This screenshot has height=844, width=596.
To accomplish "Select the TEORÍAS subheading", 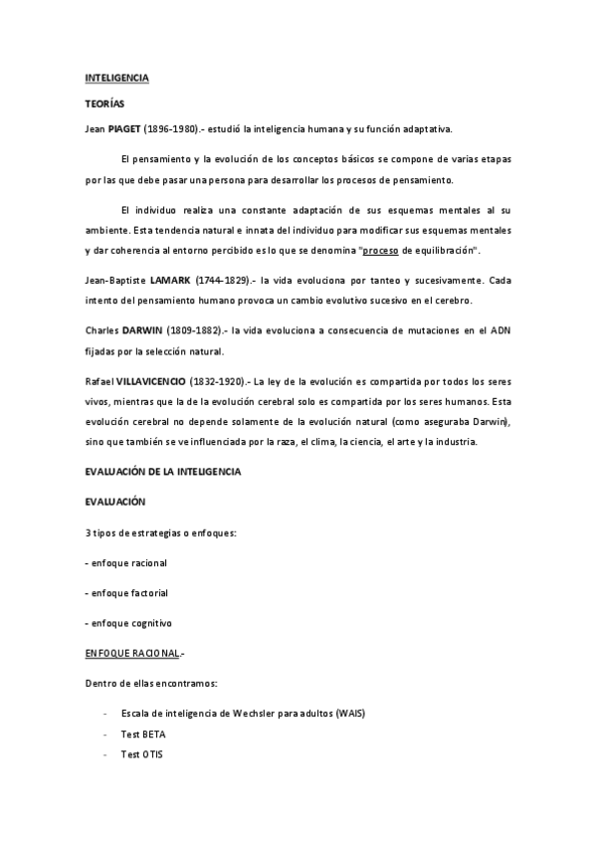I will click(103, 103).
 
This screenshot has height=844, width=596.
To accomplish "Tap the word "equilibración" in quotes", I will click(446, 249).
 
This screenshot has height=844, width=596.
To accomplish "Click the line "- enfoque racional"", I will click(126, 563).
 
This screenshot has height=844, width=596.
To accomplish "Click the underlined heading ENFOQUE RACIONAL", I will click(132, 653).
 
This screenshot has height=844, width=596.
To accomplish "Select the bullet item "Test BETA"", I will click(143, 735).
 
